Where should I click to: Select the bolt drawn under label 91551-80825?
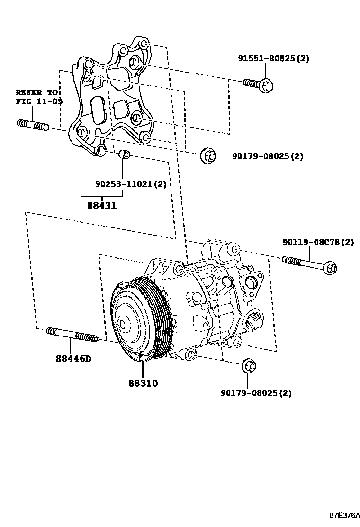click(259, 84)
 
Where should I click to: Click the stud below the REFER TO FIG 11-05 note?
click(33, 126)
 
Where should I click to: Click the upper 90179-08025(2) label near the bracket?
click(267, 156)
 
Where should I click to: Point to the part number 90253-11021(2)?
click(131, 184)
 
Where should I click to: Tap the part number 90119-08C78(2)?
click(318, 242)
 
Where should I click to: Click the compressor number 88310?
click(143, 383)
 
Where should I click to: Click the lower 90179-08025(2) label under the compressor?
click(256, 393)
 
